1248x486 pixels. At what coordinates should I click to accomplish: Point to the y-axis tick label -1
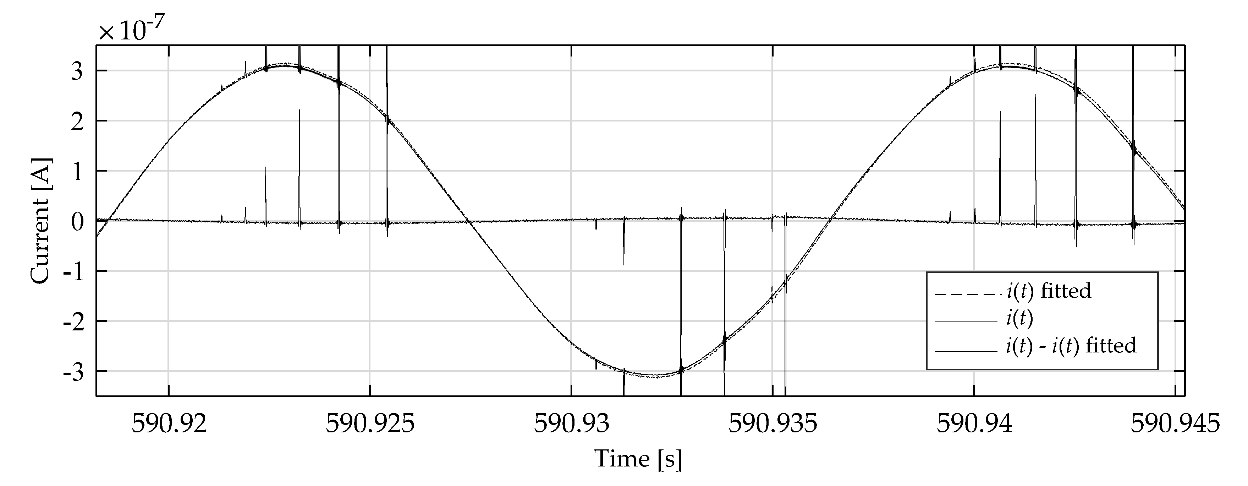(74, 272)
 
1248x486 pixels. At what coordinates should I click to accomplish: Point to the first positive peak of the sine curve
(286, 65)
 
